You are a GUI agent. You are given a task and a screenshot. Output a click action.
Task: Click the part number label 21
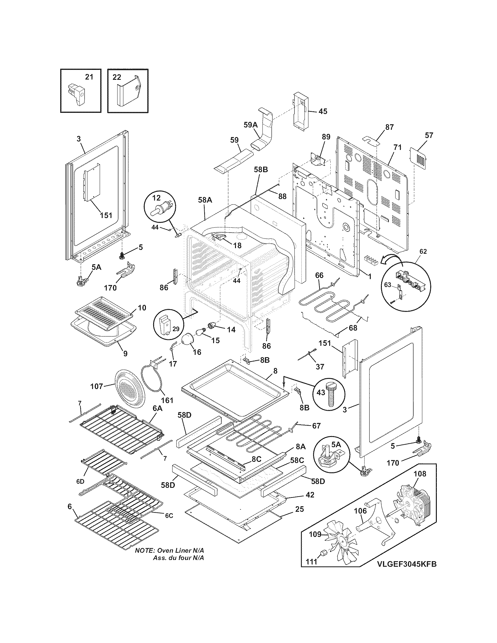pos(89,77)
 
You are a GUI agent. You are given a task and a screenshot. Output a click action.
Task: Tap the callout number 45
pos(323,111)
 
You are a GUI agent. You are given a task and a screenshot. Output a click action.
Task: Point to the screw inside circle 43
pos(332,393)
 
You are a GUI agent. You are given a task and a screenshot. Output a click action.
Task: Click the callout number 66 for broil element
pos(319,275)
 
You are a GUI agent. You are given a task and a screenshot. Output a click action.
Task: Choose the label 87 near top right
pos(389,127)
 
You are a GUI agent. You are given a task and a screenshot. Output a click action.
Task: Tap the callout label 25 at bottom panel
pos(299,509)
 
